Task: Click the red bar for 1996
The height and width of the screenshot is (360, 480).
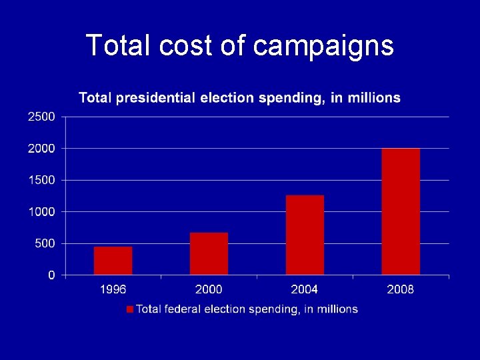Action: tap(113, 261)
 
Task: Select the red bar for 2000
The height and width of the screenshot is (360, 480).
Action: tap(209, 253)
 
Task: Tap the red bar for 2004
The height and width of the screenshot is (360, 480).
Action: tap(305, 235)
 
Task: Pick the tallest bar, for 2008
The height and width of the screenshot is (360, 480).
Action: tap(401, 211)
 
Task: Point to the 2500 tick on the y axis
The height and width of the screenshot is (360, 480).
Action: tap(41, 117)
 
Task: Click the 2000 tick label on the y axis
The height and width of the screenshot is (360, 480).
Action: tap(41, 148)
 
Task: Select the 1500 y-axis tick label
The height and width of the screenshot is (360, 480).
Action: tap(41, 180)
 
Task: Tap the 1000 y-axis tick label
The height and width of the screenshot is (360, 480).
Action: tap(41, 211)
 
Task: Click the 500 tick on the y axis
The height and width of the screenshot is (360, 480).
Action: tap(45, 243)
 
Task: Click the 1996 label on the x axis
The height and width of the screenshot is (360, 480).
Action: tap(113, 289)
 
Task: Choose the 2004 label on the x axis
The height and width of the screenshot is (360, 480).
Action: tap(305, 289)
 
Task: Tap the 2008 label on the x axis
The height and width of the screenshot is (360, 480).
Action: tap(400, 289)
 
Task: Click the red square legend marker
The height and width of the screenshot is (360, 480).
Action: tap(130, 309)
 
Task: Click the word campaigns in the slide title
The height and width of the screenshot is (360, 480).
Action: tap(324, 46)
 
